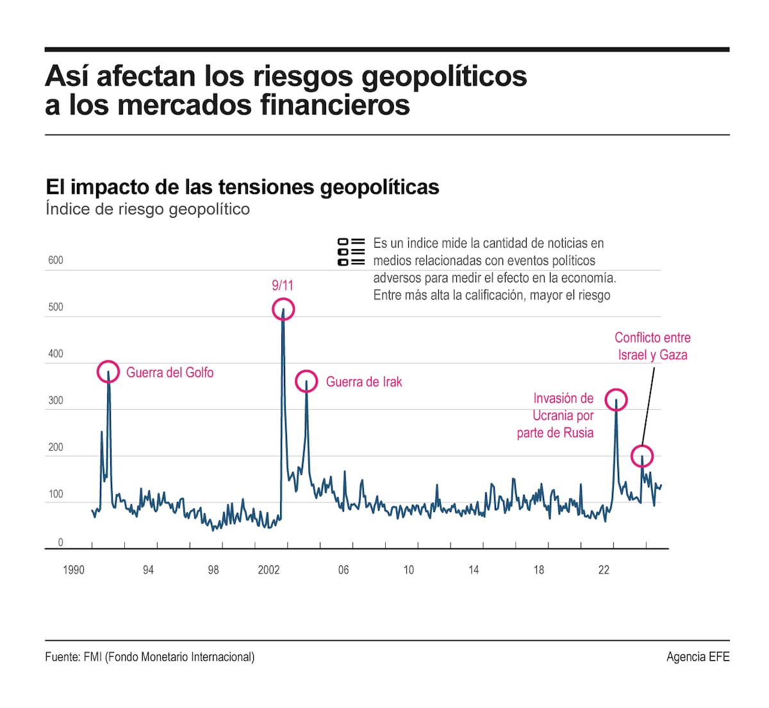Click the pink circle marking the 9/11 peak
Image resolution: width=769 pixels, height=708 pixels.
coord(283,310)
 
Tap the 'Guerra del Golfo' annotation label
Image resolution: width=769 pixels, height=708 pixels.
coord(170,373)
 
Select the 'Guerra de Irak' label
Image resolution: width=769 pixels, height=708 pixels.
coord(364,382)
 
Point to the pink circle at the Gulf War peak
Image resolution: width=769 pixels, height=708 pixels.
coord(108,371)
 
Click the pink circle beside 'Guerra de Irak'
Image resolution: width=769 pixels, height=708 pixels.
coord(306,382)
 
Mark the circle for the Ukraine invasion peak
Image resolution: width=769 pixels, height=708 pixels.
coord(616,400)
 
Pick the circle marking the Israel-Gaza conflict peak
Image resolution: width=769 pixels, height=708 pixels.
coord(642,456)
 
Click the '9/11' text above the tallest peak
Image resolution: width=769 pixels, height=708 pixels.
coord(283,286)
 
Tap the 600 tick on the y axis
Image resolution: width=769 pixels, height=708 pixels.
coord(56,260)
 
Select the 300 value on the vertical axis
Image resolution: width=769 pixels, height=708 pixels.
coord(56,401)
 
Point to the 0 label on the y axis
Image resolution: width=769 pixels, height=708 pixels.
coord(61,543)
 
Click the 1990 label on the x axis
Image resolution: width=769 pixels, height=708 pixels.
coord(74,570)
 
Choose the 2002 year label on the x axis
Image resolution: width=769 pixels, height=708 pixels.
coord(269,570)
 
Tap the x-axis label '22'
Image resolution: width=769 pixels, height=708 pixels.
coord(604,570)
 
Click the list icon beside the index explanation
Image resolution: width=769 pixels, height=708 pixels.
coord(351,252)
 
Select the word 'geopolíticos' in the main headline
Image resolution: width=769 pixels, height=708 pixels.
coord(444,76)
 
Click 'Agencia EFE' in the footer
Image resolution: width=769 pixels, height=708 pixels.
coord(698,657)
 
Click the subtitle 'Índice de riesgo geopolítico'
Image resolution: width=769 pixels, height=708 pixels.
coord(147,209)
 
